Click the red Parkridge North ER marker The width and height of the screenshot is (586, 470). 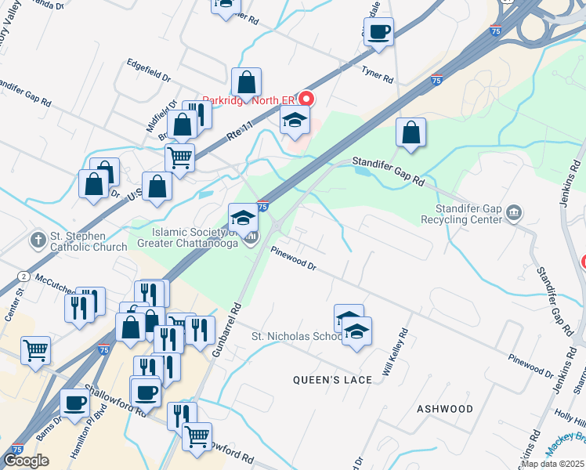306,99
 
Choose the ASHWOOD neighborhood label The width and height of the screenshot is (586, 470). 445,409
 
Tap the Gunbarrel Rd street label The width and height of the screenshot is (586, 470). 224,331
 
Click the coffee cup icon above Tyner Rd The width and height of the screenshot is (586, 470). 378,32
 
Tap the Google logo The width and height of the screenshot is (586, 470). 26,461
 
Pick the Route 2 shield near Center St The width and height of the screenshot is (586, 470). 24,277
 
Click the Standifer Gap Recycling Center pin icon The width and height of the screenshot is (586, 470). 514,211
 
